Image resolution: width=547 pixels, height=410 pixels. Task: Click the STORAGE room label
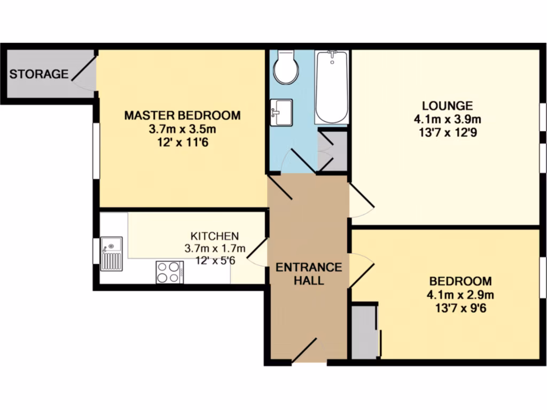tap(39, 74)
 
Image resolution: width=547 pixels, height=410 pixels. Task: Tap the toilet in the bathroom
tap(285, 68)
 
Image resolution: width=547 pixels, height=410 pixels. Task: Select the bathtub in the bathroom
tap(331, 87)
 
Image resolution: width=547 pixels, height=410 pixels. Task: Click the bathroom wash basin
tap(282, 112)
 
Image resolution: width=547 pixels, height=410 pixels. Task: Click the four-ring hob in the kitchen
tap(169, 272)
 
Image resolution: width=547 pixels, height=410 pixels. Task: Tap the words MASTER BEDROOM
tap(182, 115)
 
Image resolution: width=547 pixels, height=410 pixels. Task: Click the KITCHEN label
tap(215, 235)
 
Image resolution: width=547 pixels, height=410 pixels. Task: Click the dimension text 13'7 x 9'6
tap(460, 307)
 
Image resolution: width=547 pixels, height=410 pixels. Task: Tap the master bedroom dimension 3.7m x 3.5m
tap(182, 129)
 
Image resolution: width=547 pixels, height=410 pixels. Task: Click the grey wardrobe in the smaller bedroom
tap(364, 331)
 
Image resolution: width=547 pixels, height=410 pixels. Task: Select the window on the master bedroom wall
tap(96, 151)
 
